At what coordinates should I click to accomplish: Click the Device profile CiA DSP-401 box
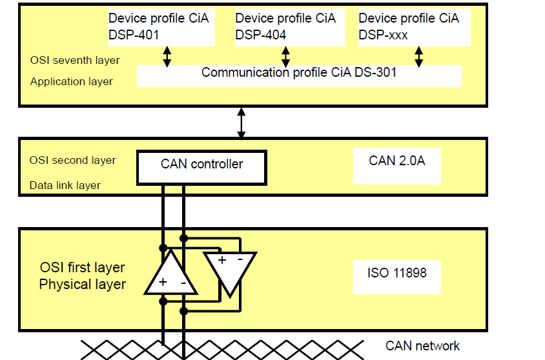click(161, 27)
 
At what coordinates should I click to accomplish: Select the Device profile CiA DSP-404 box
click(290, 27)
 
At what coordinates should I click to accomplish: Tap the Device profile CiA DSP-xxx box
click(415, 27)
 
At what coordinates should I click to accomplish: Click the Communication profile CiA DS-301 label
click(299, 72)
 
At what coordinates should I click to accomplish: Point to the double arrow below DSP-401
click(167, 57)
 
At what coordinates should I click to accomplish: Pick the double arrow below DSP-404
click(285, 57)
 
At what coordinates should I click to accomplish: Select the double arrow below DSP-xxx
click(419, 57)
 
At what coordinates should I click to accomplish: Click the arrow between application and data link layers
click(242, 123)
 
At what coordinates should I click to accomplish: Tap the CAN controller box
click(201, 167)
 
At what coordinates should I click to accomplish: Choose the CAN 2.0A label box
click(397, 166)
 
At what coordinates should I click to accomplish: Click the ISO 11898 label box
click(397, 277)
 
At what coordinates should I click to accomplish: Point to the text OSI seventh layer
click(75, 61)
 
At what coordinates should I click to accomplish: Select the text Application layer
click(71, 81)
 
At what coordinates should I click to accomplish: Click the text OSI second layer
click(72, 161)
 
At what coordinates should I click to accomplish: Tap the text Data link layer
click(65, 185)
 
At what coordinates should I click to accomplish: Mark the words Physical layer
click(83, 285)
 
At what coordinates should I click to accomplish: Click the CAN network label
click(422, 346)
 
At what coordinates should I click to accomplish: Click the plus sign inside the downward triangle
click(221, 259)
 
